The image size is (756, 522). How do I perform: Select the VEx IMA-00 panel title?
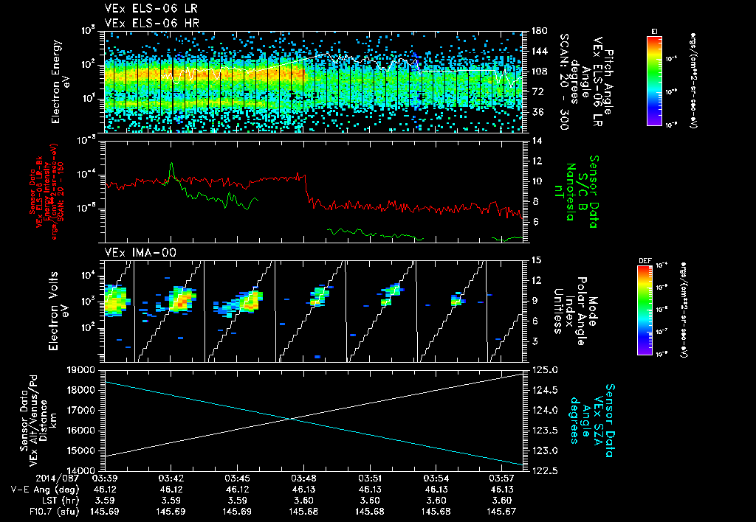[134, 252]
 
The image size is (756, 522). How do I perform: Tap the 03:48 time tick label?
[304, 478]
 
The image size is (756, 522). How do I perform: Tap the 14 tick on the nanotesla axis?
[536, 140]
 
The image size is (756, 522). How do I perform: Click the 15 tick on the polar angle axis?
[536, 260]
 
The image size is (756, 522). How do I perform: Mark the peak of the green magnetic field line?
[171, 164]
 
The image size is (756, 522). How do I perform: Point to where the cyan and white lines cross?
[291, 419]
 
